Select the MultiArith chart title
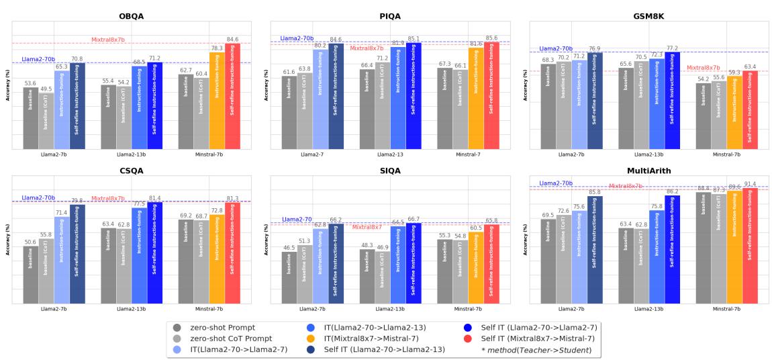[x=649, y=171]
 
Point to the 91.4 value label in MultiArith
[x=751, y=184]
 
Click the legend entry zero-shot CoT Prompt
[x=225, y=339]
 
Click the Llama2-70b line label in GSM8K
[x=556, y=48]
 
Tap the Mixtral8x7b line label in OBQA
[x=108, y=40]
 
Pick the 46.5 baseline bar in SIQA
[x=289, y=277]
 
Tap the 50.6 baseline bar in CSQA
[x=31, y=274]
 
